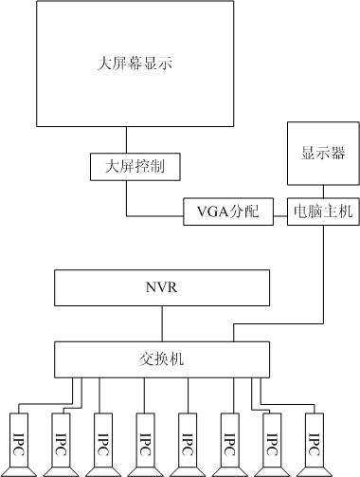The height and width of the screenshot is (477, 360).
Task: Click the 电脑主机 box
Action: [323, 211]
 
